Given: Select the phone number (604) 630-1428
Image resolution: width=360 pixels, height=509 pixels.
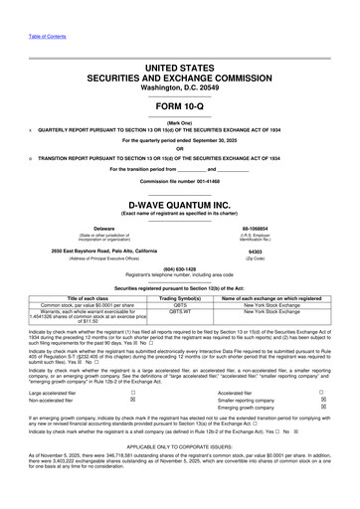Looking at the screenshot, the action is point(180,268).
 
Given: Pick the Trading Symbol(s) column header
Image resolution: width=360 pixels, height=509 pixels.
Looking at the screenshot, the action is point(180,297).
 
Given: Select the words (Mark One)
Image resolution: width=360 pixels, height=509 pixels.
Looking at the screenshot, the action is point(180,123).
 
